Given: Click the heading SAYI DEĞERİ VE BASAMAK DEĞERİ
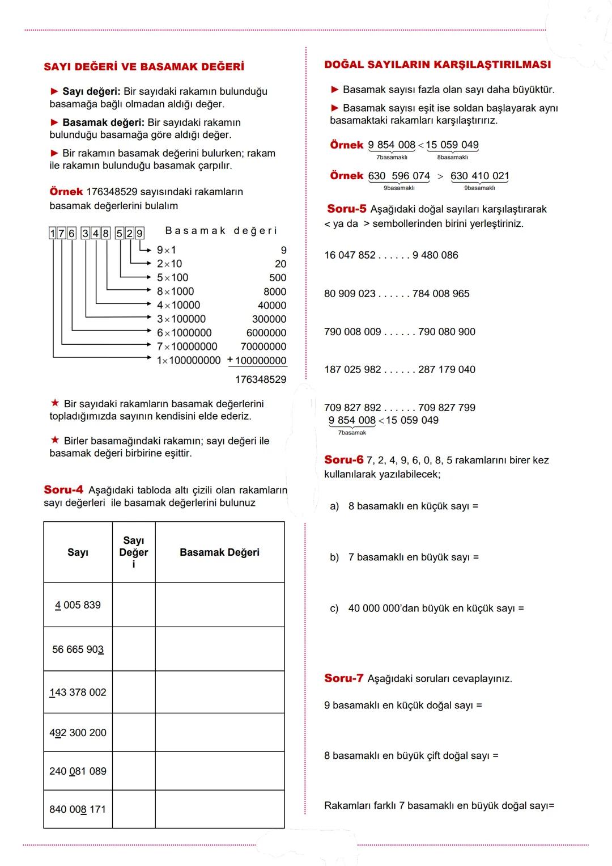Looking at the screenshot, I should (144, 67).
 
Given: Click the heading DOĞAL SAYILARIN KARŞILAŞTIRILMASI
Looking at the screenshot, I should (437, 65).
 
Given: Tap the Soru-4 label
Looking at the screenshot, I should (63, 489).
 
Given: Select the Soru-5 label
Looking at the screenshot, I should (347, 209).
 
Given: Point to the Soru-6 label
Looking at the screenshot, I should (343, 460).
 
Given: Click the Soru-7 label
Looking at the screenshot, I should (343, 678).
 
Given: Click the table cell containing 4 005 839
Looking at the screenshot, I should (78, 605).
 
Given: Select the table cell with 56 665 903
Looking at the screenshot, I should (78, 649).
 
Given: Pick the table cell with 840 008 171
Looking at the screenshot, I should (78, 809).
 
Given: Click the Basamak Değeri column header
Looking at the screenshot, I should (219, 552).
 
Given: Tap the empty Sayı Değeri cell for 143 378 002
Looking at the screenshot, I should (134, 692).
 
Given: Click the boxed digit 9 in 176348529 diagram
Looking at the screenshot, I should (139, 233).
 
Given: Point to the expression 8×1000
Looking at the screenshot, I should (176, 292).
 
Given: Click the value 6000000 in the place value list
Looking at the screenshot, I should (266, 333).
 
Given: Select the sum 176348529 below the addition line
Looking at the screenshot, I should (261, 379).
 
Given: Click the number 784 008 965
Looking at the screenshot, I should (441, 294).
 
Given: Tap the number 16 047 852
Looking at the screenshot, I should (350, 255).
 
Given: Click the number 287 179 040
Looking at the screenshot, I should (447, 370).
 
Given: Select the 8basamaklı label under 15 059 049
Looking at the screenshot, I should (452, 158).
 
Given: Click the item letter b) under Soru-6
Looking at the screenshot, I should (334, 557).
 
